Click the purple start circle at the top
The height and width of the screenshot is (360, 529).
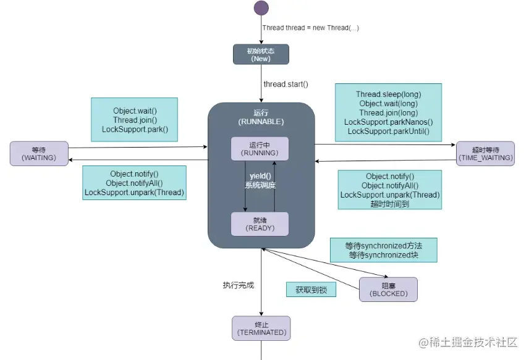click(261, 8)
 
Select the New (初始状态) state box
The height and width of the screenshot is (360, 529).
click(261, 54)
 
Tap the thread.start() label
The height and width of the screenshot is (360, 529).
click(286, 84)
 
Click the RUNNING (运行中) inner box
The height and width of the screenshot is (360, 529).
click(260, 149)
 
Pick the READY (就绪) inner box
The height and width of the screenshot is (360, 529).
click(260, 224)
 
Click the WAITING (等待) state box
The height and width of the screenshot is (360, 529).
click(38, 154)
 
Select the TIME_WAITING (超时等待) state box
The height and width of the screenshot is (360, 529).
click(485, 154)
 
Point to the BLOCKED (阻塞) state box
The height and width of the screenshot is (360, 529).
click(388, 290)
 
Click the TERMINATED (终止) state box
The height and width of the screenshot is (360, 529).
click(261, 328)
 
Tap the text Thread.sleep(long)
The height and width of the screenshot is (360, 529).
click(388, 94)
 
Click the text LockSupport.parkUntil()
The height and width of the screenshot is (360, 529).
click(388, 132)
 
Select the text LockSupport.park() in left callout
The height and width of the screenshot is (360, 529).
click(135, 130)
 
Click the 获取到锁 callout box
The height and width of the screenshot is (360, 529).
click(311, 290)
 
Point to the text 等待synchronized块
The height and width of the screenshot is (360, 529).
click(383, 254)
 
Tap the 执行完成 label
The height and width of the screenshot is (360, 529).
click(239, 285)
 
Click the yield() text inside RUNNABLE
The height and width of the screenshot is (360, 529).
click(260, 177)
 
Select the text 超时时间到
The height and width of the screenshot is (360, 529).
click(389, 204)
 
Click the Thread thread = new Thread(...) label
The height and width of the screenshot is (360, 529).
click(311, 28)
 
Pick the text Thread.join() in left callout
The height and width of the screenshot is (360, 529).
click(135, 120)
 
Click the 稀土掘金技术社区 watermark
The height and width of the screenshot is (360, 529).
click(468, 342)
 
